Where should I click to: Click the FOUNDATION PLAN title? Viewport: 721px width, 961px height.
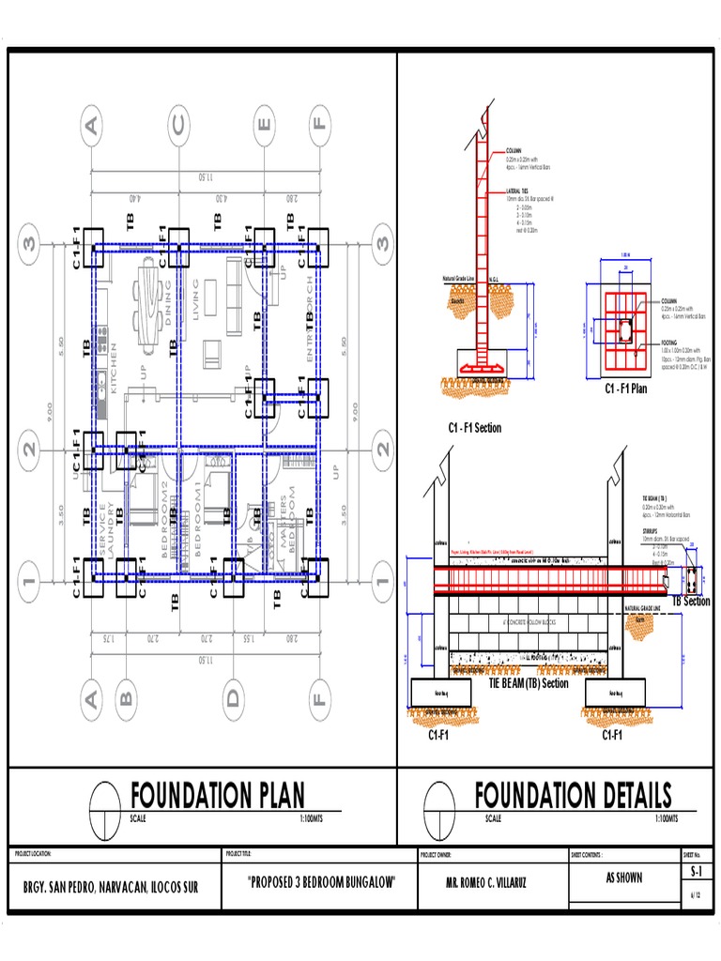217,796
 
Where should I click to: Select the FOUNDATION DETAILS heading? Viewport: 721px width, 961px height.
573,796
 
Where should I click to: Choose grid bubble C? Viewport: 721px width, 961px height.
178,124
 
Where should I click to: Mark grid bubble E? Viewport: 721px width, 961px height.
266,124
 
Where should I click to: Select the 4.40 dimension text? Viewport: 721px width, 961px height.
134,198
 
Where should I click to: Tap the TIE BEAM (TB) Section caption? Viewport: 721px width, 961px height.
529,684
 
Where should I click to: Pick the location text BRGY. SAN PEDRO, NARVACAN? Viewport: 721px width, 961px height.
112,887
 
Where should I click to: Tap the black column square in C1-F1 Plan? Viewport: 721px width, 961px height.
624,328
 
